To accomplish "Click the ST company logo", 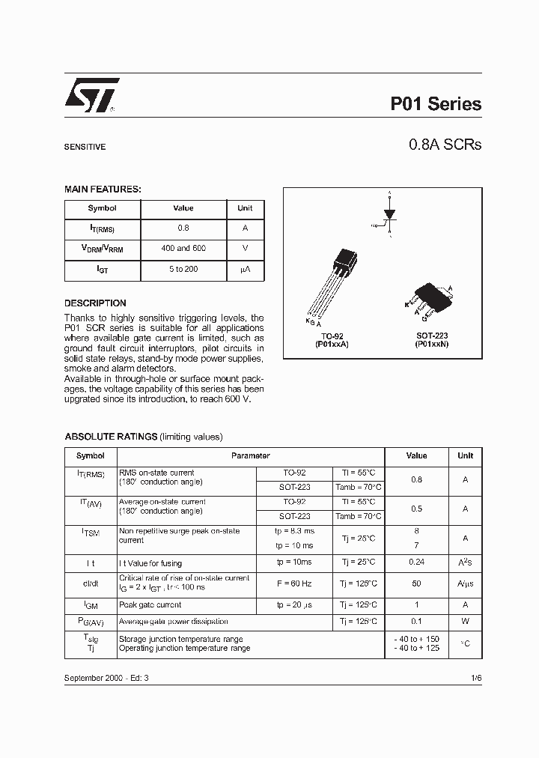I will (x=88, y=97).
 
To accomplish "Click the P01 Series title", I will (x=436, y=104).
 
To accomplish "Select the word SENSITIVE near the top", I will (x=85, y=148).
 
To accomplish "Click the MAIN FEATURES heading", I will (x=103, y=189).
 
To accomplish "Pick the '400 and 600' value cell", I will (x=183, y=248).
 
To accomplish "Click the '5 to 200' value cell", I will (x=183, y=269).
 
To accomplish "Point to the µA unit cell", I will (x=245, y=269).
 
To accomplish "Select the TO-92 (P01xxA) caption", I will (x=332, y=340).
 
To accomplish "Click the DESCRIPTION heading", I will (x=95, y=303).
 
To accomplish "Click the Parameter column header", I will (x=251, y=455).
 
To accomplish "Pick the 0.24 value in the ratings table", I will (x=416, y=563).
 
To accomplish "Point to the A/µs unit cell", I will (x=465, y=583).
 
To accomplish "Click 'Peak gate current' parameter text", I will (x=150, y=604).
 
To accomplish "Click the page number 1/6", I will (x=476, y=677).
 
